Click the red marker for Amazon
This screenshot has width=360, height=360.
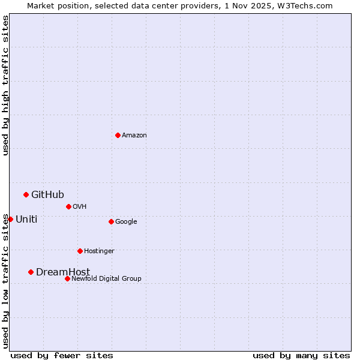click(x=118, y=135)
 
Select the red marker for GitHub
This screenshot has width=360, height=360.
click(x=26, y=194)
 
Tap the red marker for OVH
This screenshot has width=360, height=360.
click(x=68, y=206)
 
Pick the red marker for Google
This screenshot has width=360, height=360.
click(x=111, y=221)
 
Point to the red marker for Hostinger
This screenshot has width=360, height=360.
click(x=80, y=251)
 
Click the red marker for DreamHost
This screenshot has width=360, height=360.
click(x=31, y=272)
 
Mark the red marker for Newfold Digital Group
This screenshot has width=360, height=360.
click(x=67, y=278)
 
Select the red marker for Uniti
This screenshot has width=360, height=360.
click(x=10, y=219)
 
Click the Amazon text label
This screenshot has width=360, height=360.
click(x=134, y=136)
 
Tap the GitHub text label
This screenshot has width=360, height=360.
click(x=47, y=194)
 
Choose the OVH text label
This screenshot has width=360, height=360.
click(x=80, y=207)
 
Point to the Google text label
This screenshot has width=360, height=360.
click(x=126, y=222)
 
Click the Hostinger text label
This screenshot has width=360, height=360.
click(x=99, y=251)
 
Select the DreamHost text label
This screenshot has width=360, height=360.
click(x=63, y=272)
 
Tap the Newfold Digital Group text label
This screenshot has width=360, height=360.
click(x=106, y=279)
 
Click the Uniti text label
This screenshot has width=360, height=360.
click(x=26, y=220)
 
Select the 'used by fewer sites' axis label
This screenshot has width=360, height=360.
click(x=62, y=355)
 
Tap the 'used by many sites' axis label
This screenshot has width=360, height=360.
click(x=301, y=355)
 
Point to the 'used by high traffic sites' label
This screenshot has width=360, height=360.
click(x=5, y=85)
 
